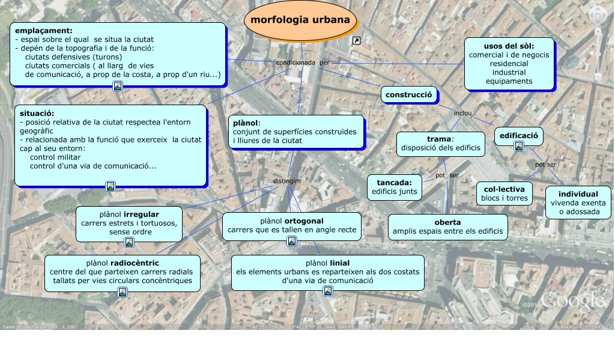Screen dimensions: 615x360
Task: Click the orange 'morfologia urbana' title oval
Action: [300, 20]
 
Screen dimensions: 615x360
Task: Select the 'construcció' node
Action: [408, 95]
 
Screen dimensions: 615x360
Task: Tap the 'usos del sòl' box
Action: [509, 63]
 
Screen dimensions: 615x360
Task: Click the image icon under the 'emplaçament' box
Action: [118, 86]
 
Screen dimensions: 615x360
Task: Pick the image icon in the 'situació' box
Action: [111, 186]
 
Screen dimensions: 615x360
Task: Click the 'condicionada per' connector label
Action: [303, 63]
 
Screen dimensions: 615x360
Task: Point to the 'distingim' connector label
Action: [286, 181]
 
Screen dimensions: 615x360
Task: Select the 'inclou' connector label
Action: [462, 112]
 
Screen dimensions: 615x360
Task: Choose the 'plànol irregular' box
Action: [129, 223]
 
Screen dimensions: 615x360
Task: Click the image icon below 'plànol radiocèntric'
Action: [123, 292]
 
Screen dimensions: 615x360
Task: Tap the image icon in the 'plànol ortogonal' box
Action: [292, 241]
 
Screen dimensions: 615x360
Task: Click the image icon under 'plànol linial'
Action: [328, 291]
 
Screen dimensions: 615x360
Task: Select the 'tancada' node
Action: [394, 187]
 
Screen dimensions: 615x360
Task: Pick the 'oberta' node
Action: [447, 227]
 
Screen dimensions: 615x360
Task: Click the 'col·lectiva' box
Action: [504, 194]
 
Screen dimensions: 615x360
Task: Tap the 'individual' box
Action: [578, 203]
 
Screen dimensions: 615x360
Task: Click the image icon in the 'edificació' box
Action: [519, 146]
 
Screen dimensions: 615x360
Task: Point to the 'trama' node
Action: [440, 144]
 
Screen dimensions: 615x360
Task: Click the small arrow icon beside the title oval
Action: [357, 40]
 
